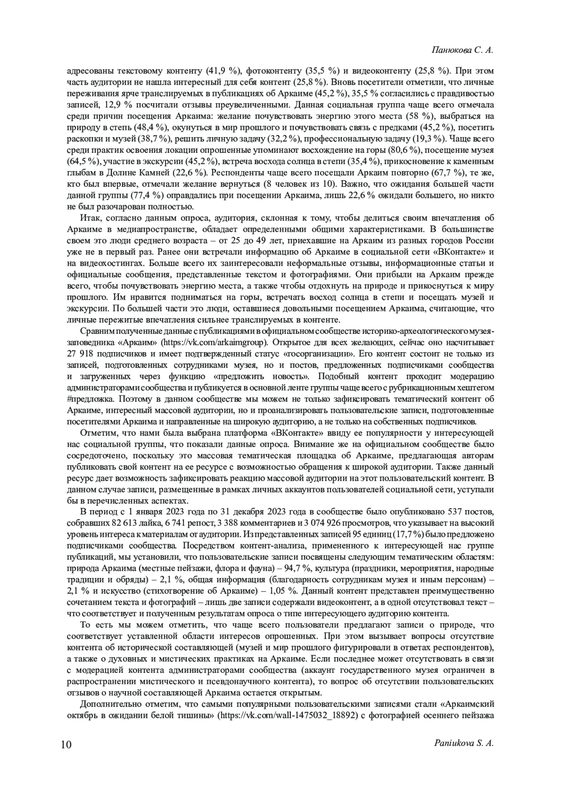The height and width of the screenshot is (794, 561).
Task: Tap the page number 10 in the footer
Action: pos(66,744)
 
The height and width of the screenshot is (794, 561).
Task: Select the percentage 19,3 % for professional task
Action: pos(429,138)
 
